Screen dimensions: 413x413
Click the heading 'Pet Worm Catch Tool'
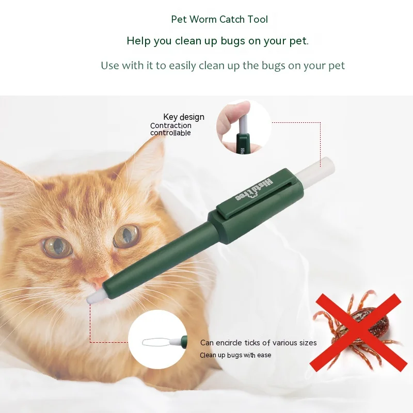(219, 20)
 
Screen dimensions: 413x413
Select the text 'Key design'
(184, 117)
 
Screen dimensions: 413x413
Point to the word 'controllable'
(170, 133)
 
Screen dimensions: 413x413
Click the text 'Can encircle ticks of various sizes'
(258, 343)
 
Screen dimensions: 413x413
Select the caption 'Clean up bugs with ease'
(235, 355)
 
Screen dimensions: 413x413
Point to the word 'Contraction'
(171, 125)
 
